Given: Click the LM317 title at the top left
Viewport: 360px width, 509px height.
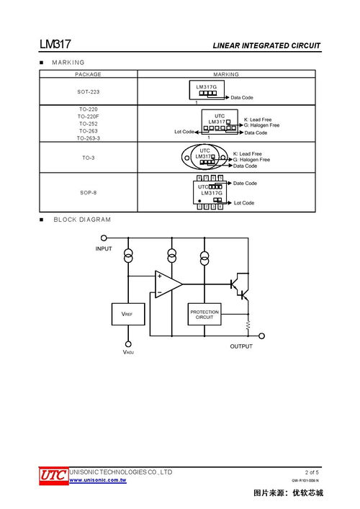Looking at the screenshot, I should click(55, 45).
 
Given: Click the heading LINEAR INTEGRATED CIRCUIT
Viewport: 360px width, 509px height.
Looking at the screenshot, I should click(266, 46).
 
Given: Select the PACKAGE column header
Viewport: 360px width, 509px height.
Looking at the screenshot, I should click(88, 74).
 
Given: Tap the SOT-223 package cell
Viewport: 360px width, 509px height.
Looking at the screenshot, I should click(88, 91).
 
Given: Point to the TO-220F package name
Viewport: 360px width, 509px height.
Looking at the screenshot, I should click(88, 116).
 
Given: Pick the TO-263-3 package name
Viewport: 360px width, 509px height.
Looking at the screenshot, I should click(88, 138).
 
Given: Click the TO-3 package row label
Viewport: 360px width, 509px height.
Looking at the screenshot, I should click(88, 156).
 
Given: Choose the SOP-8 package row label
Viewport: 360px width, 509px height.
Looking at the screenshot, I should click(88, 193).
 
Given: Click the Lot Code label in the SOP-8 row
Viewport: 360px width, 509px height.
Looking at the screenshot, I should click(244, 203).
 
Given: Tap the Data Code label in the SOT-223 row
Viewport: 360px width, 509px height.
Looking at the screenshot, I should click(242, 97).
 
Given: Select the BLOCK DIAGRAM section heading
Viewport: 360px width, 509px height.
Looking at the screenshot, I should click(82, 219).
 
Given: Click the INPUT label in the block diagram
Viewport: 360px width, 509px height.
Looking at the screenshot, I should click(104, 248).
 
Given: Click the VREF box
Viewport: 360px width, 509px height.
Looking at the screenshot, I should click(127, 315).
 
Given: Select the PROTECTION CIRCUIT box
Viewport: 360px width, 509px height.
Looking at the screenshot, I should click(204, 314).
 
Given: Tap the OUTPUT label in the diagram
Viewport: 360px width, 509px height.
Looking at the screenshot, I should click(241, 346).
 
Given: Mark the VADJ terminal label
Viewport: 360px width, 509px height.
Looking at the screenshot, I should click(128, 353).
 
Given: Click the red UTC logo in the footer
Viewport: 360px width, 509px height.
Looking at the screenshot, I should click(53, 475).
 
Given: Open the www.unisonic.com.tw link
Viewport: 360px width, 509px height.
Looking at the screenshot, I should click(97, 479).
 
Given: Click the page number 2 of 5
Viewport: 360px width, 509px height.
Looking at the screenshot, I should click(312, 472).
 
